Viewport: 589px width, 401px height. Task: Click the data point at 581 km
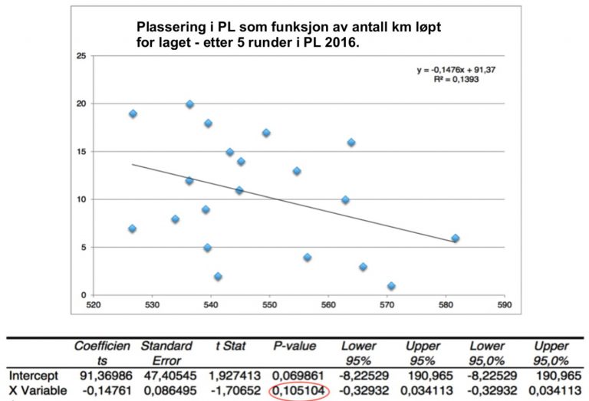pyautogui.click(x=455, y=238)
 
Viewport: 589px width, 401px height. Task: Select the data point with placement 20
pyautogui.click(x=189, y=104)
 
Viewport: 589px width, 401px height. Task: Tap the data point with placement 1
pyautogui.click(x=391, y=286)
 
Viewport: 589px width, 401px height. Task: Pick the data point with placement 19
pyautogui.click(x=133, y=113)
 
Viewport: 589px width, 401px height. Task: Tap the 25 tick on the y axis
pyautogui.click(x=81, y=56)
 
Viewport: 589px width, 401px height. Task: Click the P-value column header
pyautogui.click(x=294, y=347)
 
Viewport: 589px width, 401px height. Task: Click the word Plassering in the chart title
pyautogui.click(x=166, y=28)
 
